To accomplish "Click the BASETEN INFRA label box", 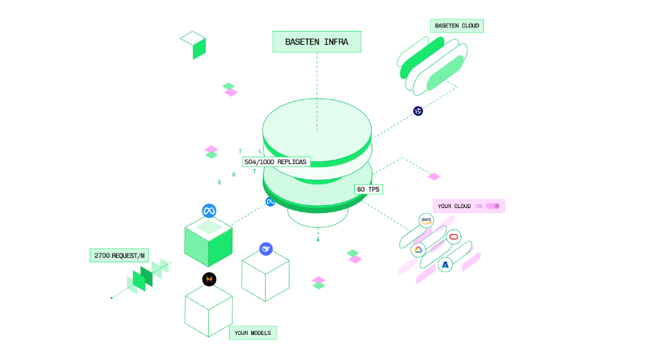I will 316,42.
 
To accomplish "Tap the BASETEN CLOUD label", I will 456,26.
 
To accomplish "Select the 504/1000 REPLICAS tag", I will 276,162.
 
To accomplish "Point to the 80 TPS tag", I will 368,189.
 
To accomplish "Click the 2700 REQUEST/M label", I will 119,255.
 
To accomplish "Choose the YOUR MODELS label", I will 253,333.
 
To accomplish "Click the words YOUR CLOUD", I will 454,206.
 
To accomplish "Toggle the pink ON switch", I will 492,206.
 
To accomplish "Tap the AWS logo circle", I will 426,220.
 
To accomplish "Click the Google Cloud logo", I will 418,250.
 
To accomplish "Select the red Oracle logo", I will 454,237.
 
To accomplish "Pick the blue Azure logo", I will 446,265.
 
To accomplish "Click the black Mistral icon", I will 210,279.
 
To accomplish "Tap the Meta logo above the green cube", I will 210,211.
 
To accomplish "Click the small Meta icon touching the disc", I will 270,202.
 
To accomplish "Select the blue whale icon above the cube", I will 266,249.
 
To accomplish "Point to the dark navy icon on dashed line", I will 418,111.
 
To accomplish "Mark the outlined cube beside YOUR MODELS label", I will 209,310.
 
